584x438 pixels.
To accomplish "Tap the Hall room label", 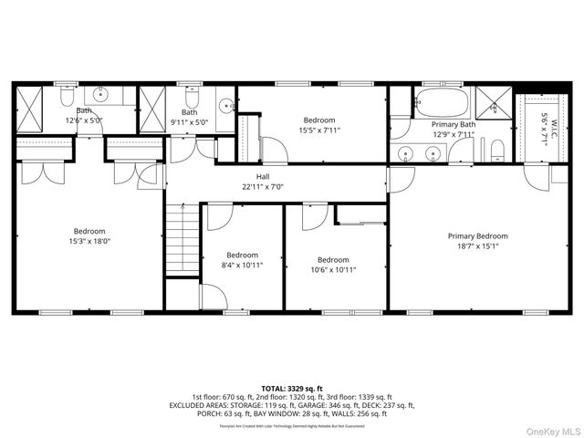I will [x=263, y=176].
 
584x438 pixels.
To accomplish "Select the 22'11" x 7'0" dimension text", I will [x=263, y=186].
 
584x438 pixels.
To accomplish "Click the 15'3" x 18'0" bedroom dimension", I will [x=89, y=241].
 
